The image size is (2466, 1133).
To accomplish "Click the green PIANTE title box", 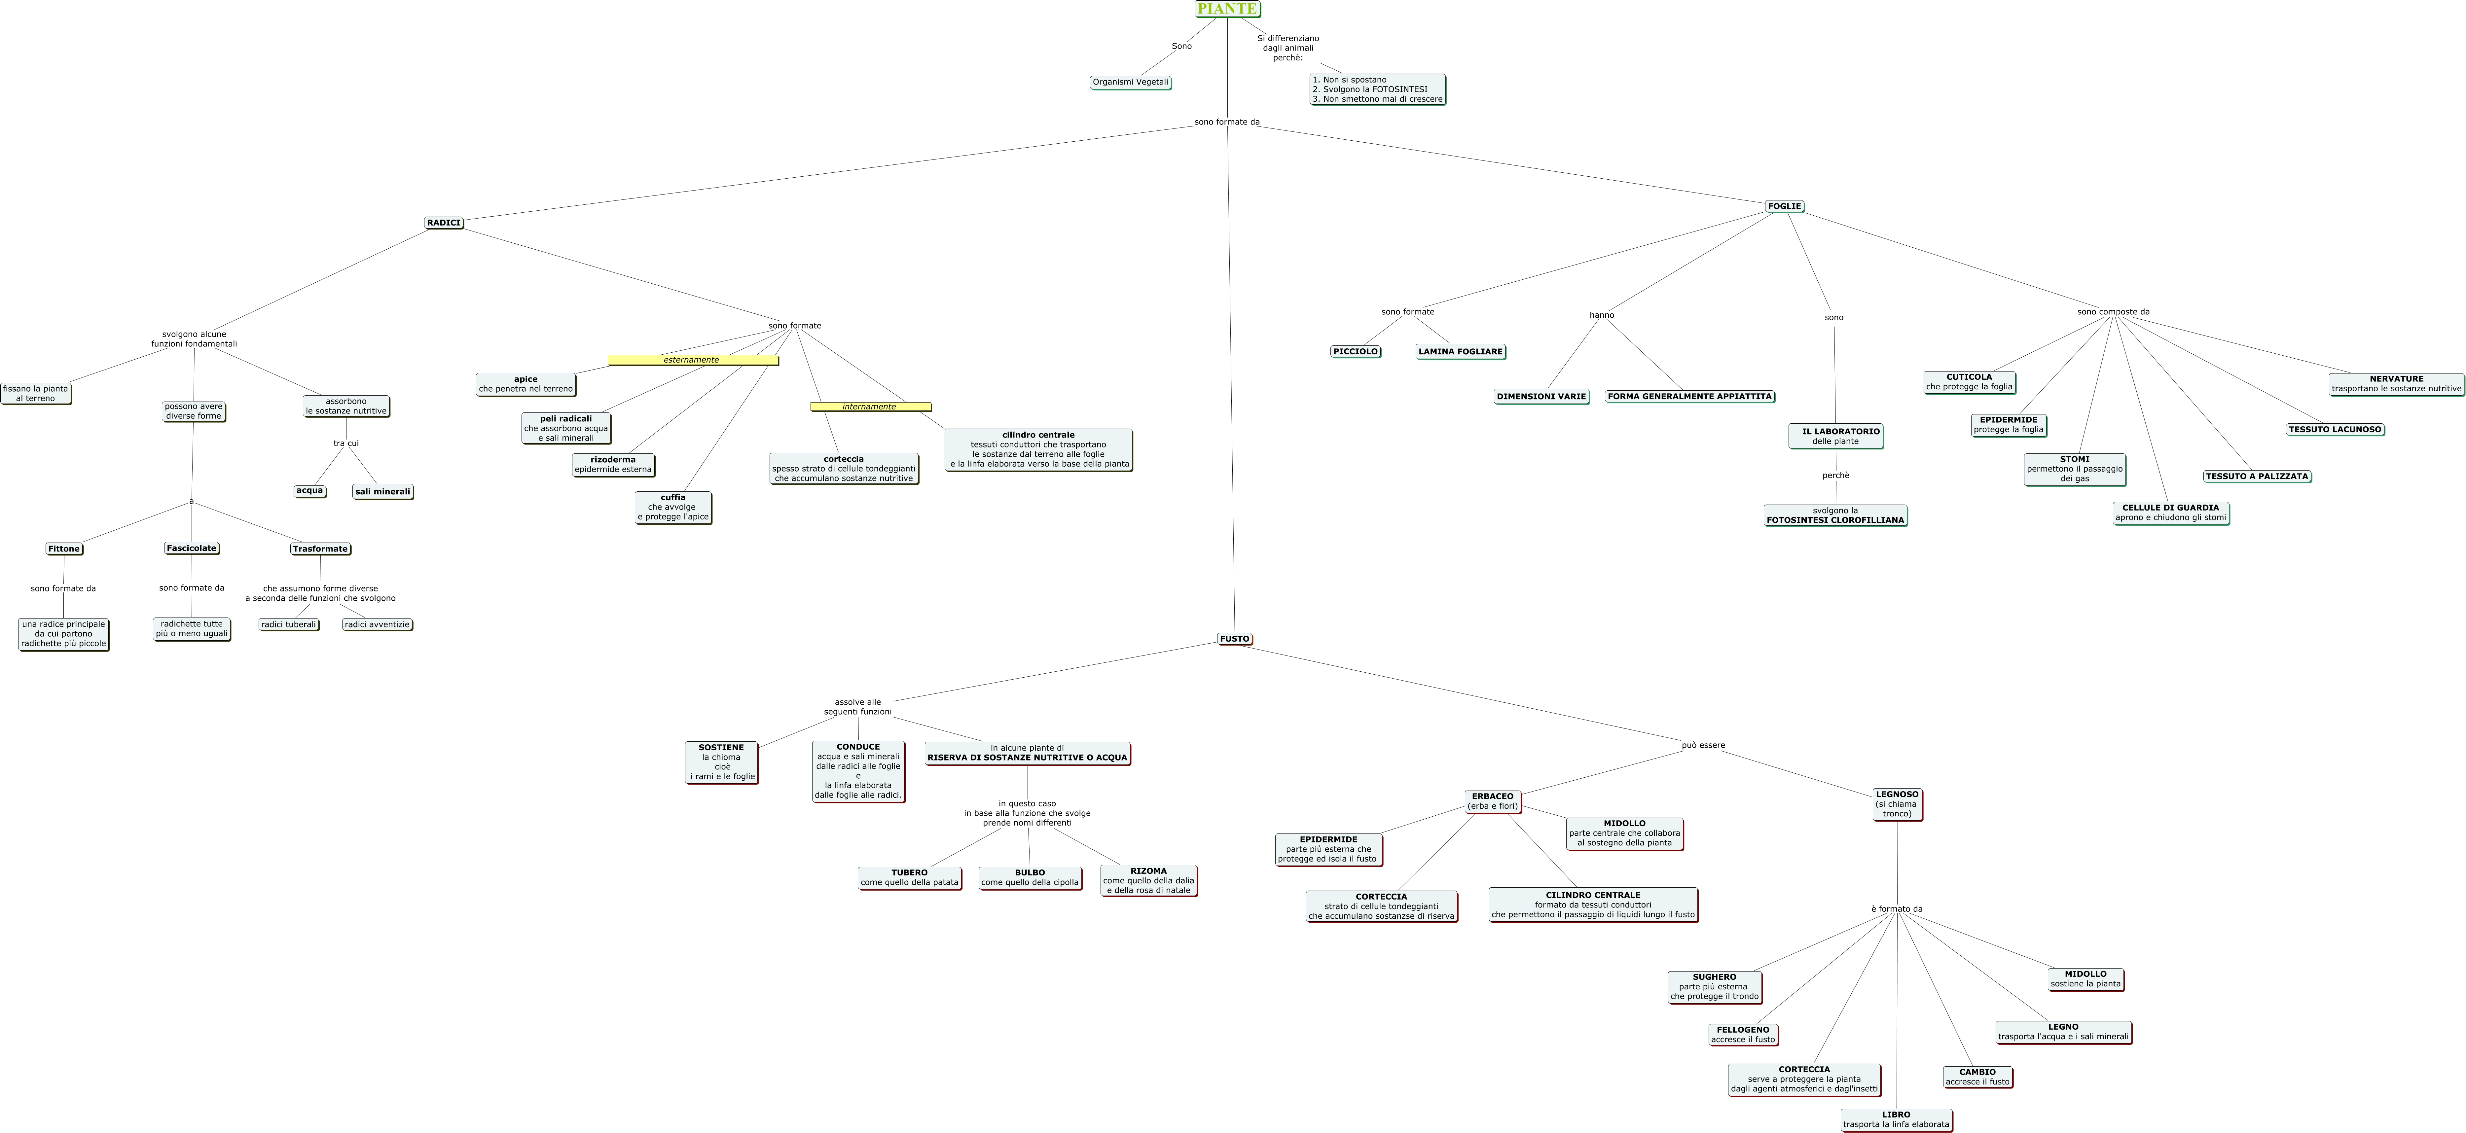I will (x=1227, y=9).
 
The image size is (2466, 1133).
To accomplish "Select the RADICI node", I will (x=443, y=223).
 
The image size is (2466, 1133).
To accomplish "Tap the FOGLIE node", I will (x=1784, y=206).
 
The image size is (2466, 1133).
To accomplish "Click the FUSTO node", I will (x=1234, y=638).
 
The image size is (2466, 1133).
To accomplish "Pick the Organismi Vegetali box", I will (x=1131, y=82).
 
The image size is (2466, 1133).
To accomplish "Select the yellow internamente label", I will (x=870, y=407).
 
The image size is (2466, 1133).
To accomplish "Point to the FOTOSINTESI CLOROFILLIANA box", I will (x=1835, y=516).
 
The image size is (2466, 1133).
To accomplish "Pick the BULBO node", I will (x=1030, y=877).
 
